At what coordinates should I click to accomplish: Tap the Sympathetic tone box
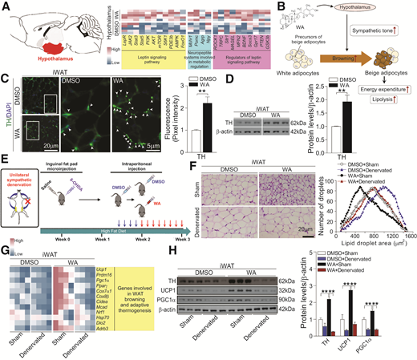click(x=378, y=31)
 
